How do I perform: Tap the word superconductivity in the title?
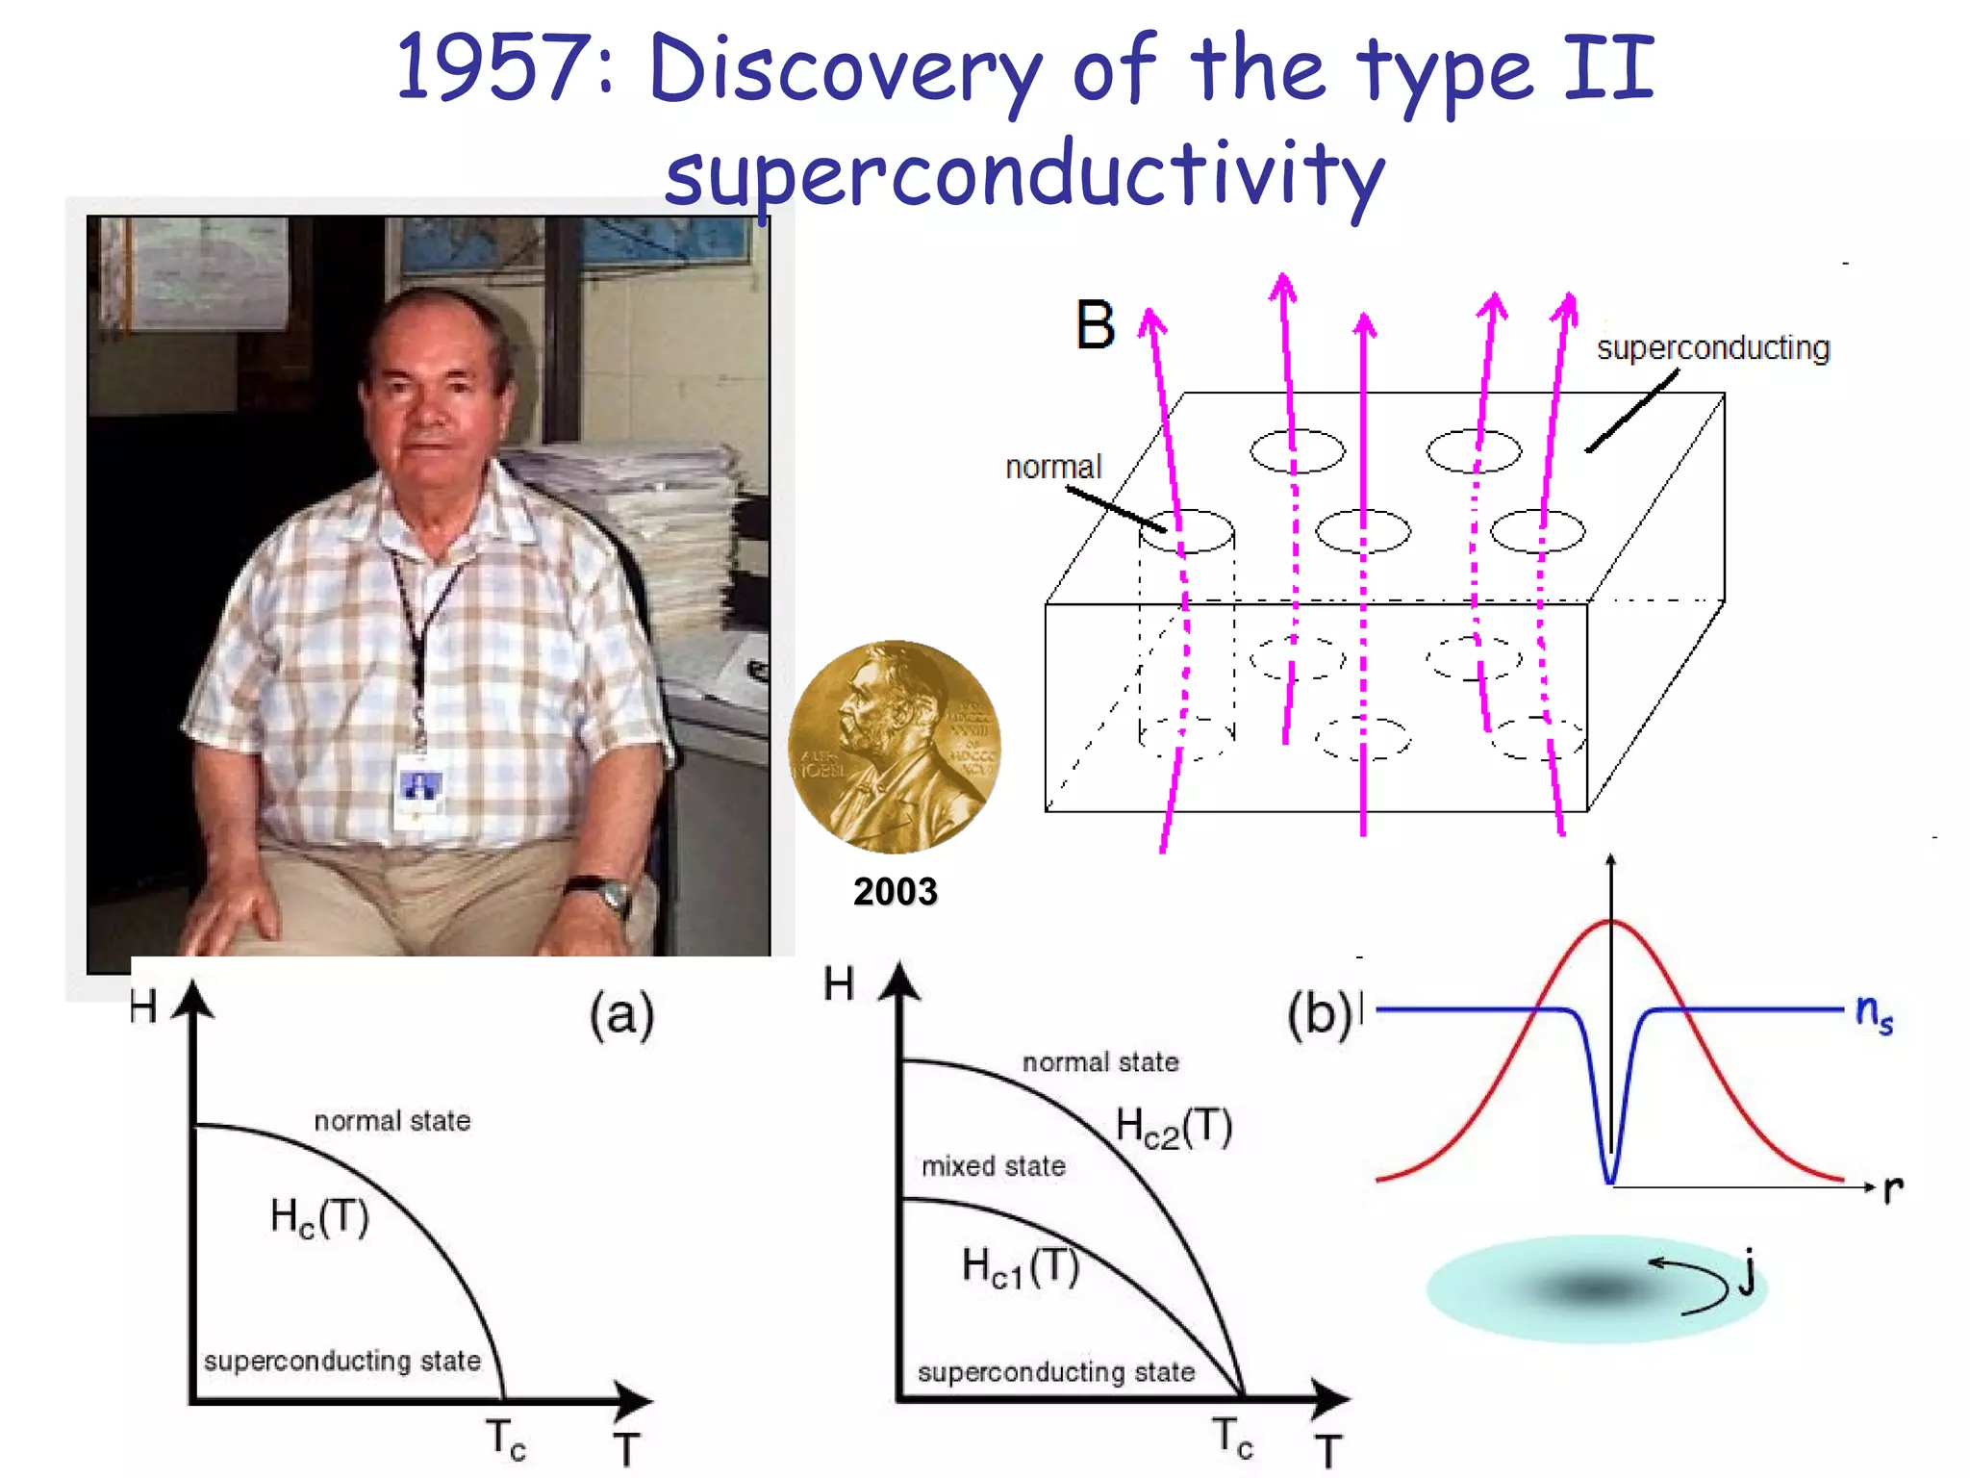(x=1024, y=175)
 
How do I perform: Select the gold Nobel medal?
(x=895, y=747)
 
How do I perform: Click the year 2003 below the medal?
(x=895, y=892)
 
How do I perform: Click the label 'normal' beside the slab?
(x=1052, y=467)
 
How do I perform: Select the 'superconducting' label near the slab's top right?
(x=1712, y=347)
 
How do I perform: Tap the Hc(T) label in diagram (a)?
(x=319, y=1218)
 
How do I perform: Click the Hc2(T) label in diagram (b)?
(x=1174, y=1127)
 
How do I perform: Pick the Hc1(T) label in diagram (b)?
(x=1021, y=1267)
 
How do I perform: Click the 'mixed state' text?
(x=993, y=1166)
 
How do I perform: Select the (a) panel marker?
(x=621, y=1016)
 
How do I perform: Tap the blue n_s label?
(x=1874, y=1012)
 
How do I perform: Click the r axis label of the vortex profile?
(x=1892, y=1189)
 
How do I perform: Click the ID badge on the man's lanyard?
(x=420, y=789)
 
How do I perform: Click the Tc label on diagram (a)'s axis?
(x=505, y=1440)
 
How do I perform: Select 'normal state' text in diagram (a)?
(x=392, y=1121)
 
